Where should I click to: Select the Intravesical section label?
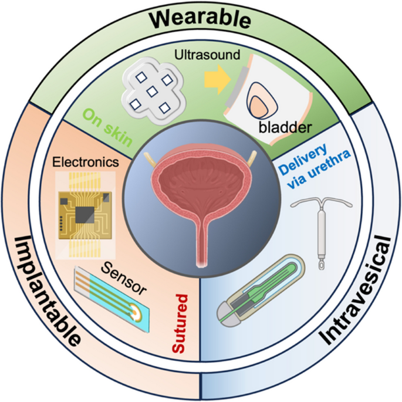(358, 288)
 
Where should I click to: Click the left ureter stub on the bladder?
(147, 158)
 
